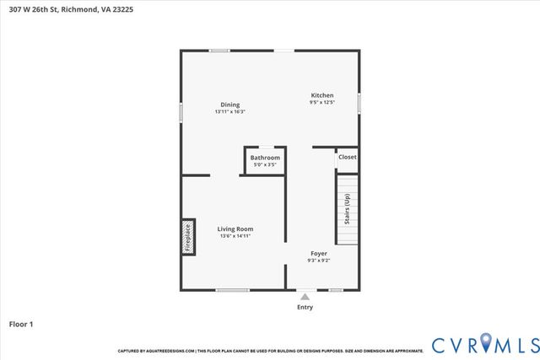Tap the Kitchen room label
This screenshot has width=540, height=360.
coord(322,95)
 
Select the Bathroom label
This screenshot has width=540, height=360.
coord(265,158)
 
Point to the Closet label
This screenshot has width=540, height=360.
coord(347,157)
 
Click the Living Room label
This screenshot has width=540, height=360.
coord(235,228)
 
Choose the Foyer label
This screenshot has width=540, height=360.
coord(319,253)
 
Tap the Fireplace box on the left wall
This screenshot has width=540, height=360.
coord(188,237)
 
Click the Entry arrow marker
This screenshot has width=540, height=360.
coord(305,297)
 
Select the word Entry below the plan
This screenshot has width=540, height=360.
coord(305,307)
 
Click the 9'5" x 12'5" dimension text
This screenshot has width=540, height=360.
coord(322,103)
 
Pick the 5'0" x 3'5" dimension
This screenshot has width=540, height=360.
coord(265,165)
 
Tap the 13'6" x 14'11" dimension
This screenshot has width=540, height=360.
coord(235,236)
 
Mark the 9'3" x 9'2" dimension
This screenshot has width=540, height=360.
coord(319,261)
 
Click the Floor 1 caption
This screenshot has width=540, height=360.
coord(20,323)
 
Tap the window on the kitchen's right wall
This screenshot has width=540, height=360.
coord(360,103)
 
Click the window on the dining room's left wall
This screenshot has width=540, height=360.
coord(181,114)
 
